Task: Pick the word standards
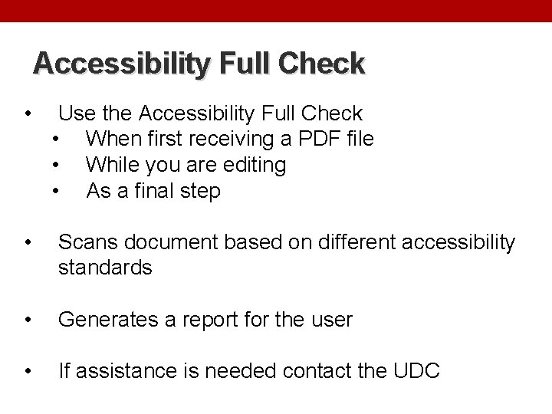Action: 106,268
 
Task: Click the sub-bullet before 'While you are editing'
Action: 56,166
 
